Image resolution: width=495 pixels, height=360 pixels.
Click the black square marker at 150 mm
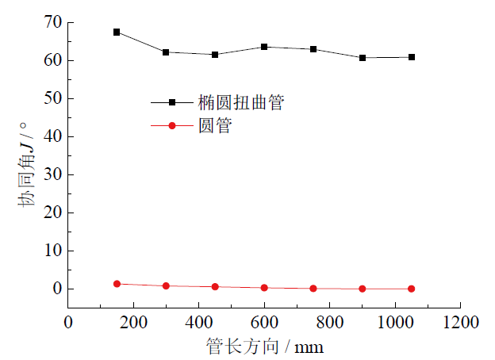(117, 33)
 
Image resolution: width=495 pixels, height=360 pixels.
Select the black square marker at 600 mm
(264, 47)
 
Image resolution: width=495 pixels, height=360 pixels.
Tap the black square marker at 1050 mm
(412, 57)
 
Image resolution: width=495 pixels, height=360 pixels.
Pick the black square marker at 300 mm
(166, 52)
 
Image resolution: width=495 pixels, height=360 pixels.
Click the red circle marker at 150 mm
(117, 284)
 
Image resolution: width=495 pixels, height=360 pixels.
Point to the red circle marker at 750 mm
(313, 289)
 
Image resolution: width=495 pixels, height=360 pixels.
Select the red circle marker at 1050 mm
(412, 289)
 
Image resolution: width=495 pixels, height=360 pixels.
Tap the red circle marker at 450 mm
(215, 286)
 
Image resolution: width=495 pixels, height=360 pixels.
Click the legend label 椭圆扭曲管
(240, 102)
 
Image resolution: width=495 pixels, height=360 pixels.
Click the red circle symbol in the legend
(171, 125)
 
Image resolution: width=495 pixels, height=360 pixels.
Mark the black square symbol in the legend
(171, 102)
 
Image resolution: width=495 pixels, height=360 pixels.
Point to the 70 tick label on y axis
(52, 22)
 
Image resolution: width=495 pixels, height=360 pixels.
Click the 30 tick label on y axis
(52, 174)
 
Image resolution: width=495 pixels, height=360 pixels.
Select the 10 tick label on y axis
(52, 251)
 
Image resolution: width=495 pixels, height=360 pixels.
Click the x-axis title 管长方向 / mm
(264, 347)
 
